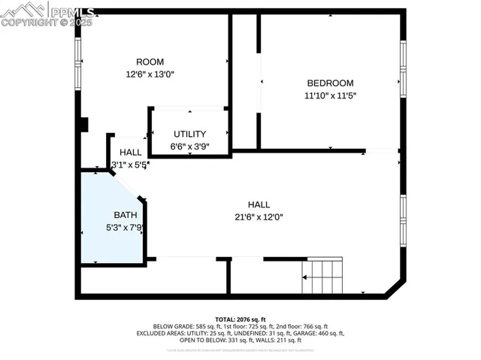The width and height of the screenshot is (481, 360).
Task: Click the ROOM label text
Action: (x=150, y=62)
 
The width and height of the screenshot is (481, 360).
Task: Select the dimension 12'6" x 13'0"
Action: (x=150, y=74)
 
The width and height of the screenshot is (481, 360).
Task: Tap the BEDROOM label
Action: (x=330, y=83)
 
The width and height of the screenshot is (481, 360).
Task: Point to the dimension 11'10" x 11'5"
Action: (x=330, y=95)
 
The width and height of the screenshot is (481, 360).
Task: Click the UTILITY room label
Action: (x=189, y=134)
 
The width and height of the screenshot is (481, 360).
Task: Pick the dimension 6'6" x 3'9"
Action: (x=189, y=147)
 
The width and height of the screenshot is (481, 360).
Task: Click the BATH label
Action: (x=126, y=215)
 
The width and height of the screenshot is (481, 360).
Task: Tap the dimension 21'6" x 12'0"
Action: (x=259, y=217)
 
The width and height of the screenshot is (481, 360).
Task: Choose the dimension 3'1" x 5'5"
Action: (x=129, y=165)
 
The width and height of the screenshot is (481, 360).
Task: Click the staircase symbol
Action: (x=322, y=276)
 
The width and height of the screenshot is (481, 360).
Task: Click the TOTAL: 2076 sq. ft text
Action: (x=240, y=319)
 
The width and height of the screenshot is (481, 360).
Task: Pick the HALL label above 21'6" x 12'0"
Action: (x=259, y=204)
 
